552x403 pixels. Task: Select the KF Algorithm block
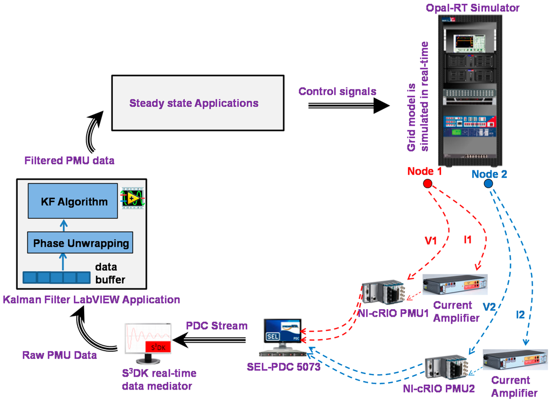74,201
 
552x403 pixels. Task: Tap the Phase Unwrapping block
81,243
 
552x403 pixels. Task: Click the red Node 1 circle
428,185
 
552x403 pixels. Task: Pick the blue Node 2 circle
488,185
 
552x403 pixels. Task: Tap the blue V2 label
489,306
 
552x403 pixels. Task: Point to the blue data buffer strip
57,277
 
